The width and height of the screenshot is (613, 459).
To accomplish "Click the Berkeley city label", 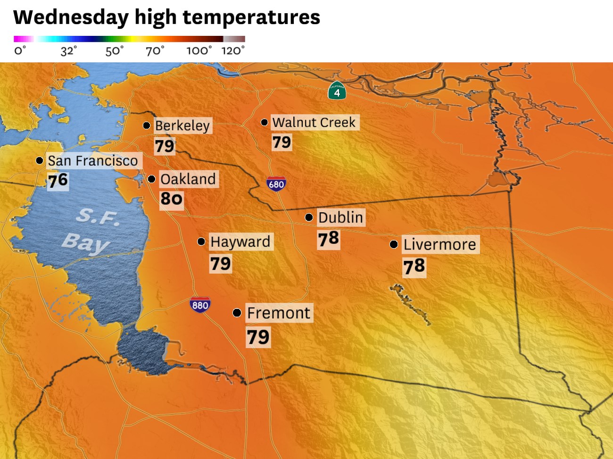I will coord(182,125).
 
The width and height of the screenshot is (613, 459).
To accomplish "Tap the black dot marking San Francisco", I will coord(40,161).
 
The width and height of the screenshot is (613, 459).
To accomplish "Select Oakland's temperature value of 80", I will coord(171,199).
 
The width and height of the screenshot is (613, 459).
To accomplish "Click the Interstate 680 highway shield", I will coord(276,184).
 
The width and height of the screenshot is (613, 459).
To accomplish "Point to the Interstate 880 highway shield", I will coord(200,305).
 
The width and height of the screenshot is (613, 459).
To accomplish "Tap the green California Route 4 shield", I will coord(337,92).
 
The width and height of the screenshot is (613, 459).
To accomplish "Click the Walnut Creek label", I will coord(314,122).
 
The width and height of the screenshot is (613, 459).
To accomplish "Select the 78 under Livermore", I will coord(414,267).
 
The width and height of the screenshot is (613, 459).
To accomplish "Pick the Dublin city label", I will coord(340,217).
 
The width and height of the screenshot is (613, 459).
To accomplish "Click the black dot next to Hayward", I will coord(201,242).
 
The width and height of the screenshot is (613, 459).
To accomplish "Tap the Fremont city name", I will coord(279,313).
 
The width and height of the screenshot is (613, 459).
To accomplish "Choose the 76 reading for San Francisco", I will coord(58,181).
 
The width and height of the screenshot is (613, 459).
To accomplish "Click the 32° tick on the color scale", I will coord(68,50).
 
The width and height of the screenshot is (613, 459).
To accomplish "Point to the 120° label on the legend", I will coord(233,50).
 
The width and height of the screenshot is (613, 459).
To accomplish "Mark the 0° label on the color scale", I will coord(20,50).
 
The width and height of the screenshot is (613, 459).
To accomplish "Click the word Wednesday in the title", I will coord(71,17).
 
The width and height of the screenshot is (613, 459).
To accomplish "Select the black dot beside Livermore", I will coord(394,244).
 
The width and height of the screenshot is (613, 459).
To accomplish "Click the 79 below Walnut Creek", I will coord(282,142).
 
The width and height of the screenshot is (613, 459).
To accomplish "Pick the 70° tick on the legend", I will coord(155,50).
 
